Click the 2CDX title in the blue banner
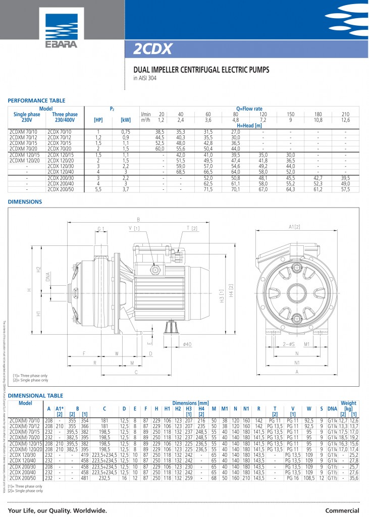point(153,48)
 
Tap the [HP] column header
point(98,120)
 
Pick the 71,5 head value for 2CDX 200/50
point(207,189)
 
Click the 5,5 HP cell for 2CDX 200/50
point(98,189)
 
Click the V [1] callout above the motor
point(134,228)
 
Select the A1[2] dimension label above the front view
point(294,228)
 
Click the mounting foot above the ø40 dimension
point(172,329)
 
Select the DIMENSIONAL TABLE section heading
point(35,396)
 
